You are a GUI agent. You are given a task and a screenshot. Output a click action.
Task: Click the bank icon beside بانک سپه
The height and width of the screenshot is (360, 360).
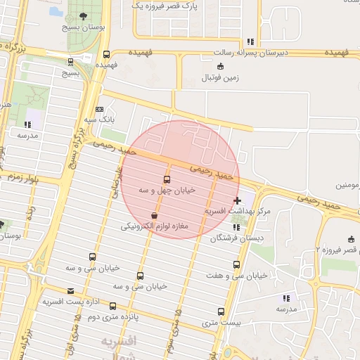tap(99, 109)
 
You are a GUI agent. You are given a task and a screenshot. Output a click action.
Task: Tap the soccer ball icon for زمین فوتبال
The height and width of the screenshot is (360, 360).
tap(221, 67)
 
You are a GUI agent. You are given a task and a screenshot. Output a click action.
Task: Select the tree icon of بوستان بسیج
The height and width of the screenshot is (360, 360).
tap(84, 15)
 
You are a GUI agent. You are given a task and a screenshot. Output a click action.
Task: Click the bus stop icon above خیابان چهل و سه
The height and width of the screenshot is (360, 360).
tap(167, 179)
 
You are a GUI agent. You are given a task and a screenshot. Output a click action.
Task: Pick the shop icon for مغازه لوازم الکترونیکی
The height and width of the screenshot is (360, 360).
tap(155, 215)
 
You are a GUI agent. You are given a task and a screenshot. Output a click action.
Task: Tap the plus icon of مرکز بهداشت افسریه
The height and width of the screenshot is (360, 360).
tap(237, 200)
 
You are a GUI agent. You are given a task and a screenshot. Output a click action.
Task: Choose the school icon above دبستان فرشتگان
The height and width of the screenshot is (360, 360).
tap(236, 227)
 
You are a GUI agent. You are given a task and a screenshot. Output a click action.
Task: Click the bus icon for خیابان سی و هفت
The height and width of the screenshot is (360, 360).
tap(236, 265)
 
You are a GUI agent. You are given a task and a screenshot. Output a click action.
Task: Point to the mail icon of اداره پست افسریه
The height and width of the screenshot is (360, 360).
tap(70, 291)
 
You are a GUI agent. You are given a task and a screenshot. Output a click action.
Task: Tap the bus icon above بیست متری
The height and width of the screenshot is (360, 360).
tap(221, 311)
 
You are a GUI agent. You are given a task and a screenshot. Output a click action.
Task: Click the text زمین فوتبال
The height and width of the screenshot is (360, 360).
tap(221, 77)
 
